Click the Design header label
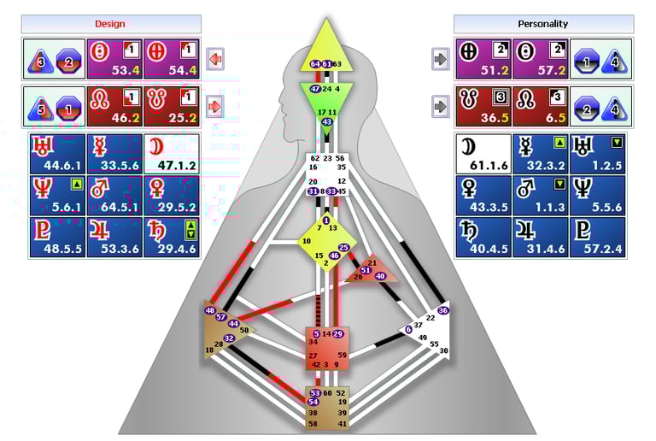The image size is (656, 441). click(x=115, y=24)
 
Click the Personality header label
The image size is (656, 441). click(x=543, y=24)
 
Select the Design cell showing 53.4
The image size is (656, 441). click(x=114, y=59)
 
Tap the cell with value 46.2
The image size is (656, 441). click(x=114, y=106)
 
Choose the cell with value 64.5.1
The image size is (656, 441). click(x=114, y=196)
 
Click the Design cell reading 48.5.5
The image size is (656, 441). click(x=57, y=237)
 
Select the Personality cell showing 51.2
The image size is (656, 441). click(x=483, y=59)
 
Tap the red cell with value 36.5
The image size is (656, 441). click(x=483, y=106)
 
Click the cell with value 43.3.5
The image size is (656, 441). click(x=483, y=196)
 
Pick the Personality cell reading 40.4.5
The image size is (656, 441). click(x=483, y=237)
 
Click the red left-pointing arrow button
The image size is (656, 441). click(x=215, y=59)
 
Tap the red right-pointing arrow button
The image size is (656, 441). click(x=215, y=107)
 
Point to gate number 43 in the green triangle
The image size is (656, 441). click(x=327, y=122)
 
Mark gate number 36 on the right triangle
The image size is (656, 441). click(x=442, y=310)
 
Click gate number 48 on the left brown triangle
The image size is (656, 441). click(x=210, y=310)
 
